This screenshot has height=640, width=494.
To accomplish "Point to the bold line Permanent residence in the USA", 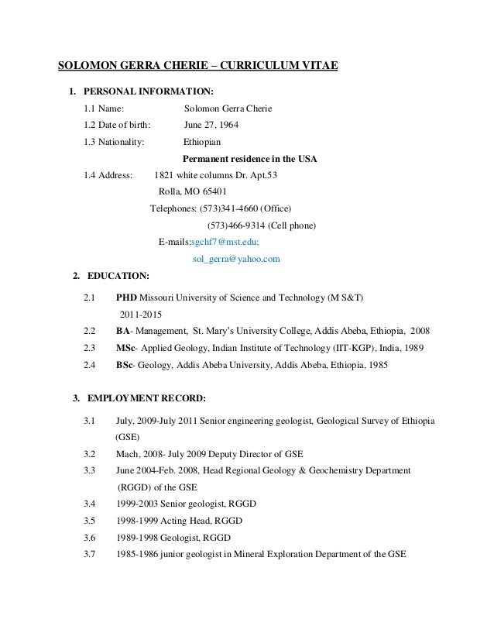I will click(x=250, y=159).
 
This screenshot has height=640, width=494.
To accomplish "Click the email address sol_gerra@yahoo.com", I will click(x=235, y=259).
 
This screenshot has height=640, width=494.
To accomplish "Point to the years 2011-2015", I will click(x=141, y=314).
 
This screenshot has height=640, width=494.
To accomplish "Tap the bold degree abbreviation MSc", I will click(x=126, y=347).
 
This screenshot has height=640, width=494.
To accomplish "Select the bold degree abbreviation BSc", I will click(x=125, y=364).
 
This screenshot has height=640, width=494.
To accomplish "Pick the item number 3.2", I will click(x=89, y=454).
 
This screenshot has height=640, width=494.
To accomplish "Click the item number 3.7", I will click(x=89, y=554).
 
